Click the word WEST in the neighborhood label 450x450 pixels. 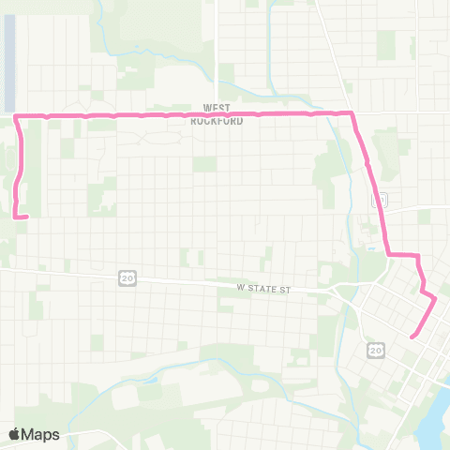pyautogui.click(x=217, y=109)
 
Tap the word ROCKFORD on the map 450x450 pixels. pyautogui.click(x=217, y=121)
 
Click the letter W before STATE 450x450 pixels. pyautogui.click(x=240, y=290)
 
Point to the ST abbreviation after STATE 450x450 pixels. pyautogui.click(x=287, y=290)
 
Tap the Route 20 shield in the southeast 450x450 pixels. pyautogui.click(x=376, y=350)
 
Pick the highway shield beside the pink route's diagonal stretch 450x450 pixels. pyautogui.click(x=378, y=200)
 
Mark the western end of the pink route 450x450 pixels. pyautogui.click(x=25, y=217)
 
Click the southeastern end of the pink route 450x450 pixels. pyautogui.click(x=412, y=336)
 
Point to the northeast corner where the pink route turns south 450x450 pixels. pyautogui.click(x=352, y=114)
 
